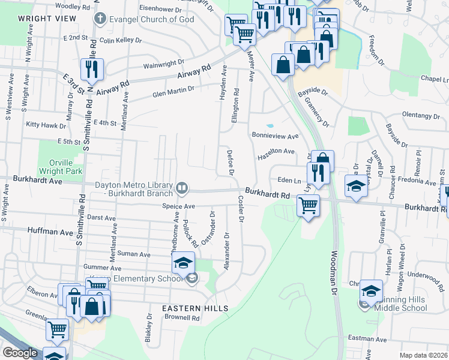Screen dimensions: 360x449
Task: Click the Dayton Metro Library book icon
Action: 181,189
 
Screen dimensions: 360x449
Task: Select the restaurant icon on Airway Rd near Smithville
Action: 91,70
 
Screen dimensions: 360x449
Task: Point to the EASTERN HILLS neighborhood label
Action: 194,308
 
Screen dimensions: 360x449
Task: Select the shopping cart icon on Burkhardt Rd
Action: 308,206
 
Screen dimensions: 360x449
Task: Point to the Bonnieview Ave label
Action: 275,136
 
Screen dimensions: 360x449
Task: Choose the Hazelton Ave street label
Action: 276,154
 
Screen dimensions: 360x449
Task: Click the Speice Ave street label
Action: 179,206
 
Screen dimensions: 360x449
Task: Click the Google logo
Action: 20,353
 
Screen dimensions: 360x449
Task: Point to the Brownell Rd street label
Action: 182,318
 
